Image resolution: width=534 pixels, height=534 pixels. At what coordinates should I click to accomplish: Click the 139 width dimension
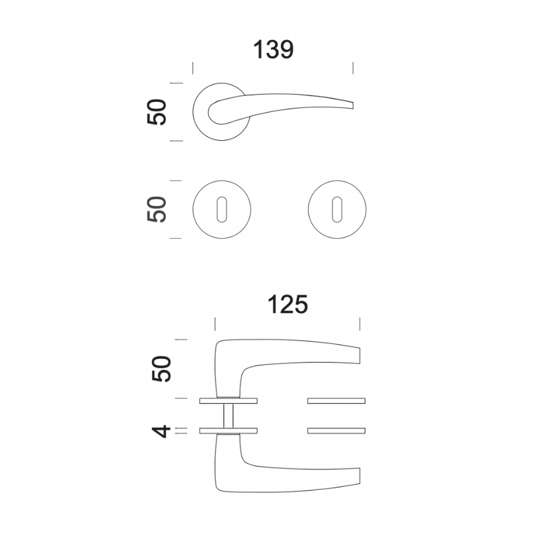[x=273, y=50]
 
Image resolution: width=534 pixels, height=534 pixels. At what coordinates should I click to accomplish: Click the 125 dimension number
[x=288, y=305]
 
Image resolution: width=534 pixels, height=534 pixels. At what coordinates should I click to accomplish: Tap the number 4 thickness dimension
[x=161, y=431]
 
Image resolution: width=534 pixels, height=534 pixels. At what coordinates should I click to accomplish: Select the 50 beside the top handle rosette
[x=156, y=112]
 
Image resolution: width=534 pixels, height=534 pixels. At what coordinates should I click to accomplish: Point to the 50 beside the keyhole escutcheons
[x=156, y=209]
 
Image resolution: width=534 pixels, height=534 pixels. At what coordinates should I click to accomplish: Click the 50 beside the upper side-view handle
[x=161, y=369]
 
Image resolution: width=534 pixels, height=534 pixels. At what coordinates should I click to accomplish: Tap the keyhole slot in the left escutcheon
[x=222, y=209]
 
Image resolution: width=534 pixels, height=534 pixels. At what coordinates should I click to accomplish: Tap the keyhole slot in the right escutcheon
[x=337, y=209]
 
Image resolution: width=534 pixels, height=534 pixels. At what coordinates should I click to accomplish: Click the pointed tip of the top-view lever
[x=353, y=106]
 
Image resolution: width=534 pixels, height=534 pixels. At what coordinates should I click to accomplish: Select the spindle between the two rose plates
[x=229, y=416]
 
